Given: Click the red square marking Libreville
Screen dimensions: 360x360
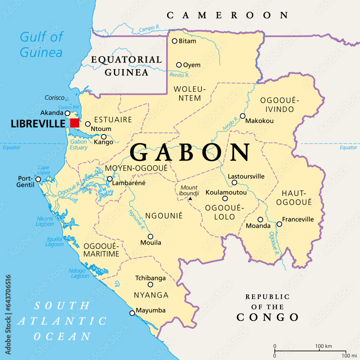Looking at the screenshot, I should tap(75, 123).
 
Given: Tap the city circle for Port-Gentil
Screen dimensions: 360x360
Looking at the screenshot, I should tap(38, 179).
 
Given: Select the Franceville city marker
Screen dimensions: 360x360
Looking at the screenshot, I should tap(279, 224).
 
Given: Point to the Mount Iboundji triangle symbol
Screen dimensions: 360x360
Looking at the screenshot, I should tap(190, 199).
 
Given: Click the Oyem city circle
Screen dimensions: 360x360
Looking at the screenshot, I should tap(179, 65).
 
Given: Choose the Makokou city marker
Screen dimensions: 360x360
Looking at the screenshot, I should tap(243, 116).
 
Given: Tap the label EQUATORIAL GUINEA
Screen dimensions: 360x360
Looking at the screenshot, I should tap(126, 66).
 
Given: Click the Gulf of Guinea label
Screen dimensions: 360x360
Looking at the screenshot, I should tap(41, 44).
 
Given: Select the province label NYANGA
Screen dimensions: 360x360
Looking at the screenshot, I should tap(151, 295).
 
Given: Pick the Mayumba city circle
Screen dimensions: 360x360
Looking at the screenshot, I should tap(132, 313).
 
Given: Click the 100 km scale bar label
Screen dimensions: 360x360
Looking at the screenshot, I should tap(323, 346).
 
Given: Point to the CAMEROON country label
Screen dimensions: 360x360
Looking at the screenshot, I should tap(228, 15).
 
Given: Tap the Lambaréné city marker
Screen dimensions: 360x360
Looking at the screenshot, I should tap(109, 179).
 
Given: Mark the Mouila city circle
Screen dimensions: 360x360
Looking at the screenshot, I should tap(150, 237).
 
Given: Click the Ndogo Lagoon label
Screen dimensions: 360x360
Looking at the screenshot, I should tap(80, 273).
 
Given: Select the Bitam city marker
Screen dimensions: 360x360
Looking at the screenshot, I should tap(175, 41).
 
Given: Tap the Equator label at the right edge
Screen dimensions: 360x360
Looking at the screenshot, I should tap(348, 148).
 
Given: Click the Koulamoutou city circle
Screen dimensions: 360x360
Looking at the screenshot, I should tap(225, 198).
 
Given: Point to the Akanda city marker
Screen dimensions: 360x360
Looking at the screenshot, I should tap(67, 113).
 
